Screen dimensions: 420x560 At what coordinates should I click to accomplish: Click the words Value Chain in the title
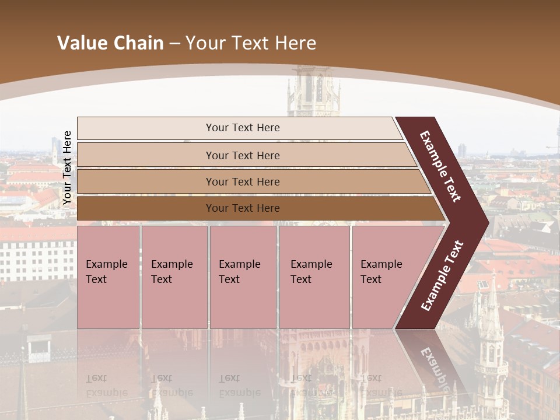(110, 43)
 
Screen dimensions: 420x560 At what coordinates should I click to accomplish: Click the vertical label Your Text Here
(67, 168)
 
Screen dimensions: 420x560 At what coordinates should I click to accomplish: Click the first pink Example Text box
(108, 277)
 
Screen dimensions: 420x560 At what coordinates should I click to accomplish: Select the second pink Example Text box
(174, 277)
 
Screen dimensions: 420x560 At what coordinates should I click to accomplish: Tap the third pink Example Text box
(243, 277)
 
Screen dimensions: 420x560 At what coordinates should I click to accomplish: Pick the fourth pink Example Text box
(314, 277)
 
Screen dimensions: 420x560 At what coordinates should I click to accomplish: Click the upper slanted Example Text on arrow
(440, 166)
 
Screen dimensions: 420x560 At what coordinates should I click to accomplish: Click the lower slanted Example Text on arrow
(442, 275)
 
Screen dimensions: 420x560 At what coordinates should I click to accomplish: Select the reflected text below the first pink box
(105, 386)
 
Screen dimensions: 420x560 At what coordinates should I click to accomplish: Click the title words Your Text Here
(251, 43)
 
